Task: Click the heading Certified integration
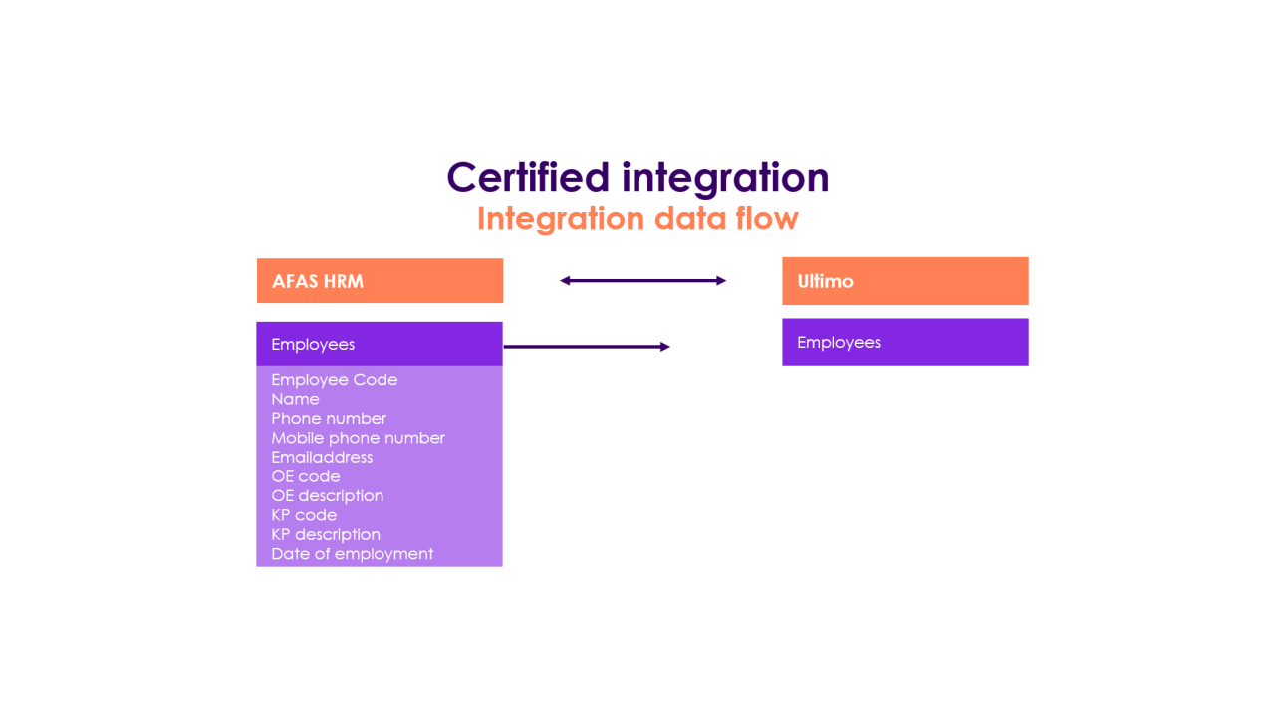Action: [637, 177]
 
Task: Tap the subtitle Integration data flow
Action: [637, 218]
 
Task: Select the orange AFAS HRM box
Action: [380, 280]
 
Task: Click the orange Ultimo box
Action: [904, 281]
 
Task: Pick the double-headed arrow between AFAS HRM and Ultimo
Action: [642, 281]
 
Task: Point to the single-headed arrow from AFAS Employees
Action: [587, 347]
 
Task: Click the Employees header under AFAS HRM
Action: [379, 344]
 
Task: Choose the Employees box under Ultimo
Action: [904, 342]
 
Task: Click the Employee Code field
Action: [334, 380]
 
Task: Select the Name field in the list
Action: [295, 399]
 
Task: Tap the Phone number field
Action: [329, 419]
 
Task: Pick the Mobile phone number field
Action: [358, 438]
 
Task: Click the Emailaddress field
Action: [322, 458]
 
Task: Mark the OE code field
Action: [306, 477]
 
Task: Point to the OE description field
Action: [327, 496]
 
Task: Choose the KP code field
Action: [304, 515]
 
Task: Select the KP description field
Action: [326, 535]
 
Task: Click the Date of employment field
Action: [352, 554]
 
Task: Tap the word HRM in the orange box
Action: [343, 281]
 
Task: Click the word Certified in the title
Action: [527, 177]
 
